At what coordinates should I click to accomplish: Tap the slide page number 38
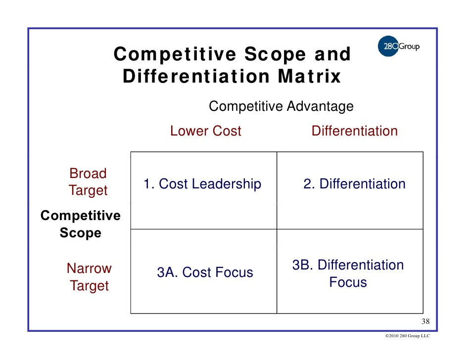(425, 322)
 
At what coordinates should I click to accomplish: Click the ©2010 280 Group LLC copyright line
(407, 336)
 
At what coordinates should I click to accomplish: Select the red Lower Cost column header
(205, 131)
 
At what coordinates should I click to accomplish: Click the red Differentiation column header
(354, 131)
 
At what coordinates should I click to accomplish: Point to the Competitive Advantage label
(281, 106)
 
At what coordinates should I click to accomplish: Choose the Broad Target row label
(88, 182)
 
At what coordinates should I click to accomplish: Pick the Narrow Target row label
(89, 277)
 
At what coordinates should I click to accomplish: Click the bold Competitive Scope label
(80, 225)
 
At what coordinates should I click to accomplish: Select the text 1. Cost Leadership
(202, 184)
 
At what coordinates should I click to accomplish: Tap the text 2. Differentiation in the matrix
(354, 184)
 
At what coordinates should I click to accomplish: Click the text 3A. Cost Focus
(205, 272)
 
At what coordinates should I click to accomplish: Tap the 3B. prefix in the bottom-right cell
(303, 266)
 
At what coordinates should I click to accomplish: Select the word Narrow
(89, 269)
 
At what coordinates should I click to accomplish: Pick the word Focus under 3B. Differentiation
(348, 283)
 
